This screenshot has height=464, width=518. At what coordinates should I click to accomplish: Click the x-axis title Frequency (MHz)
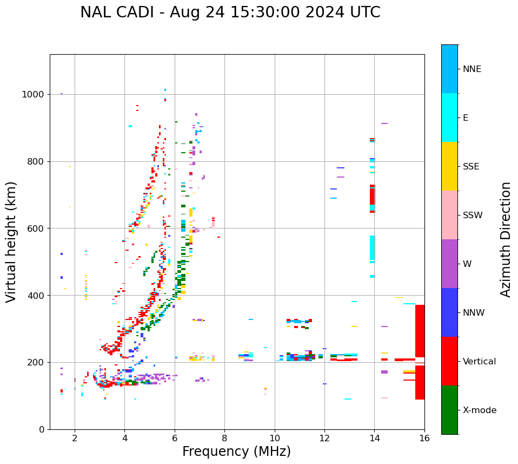pyautogui.click(x=236, y=452)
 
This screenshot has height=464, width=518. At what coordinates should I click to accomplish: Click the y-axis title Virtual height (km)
pyautogui.click(x=11, y=241)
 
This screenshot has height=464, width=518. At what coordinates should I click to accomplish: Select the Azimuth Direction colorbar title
pyautogui.click(x=506, y=239)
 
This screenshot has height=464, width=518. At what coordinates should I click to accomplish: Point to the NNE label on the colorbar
pyautogui.click(x=471, y=69)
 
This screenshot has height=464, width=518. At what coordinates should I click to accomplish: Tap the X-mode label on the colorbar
pyautogui.click(x=479, y=410)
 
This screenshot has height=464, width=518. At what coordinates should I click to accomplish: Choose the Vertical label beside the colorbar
pyautogui.click(x=479, y=362)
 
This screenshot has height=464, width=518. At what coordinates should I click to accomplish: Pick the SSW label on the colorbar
pyautogui.click(x=473, y=215)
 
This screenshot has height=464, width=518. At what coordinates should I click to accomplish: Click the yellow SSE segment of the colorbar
pyautogui.click(x=449, y=166)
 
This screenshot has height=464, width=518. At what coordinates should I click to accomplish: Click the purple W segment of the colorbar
pyautogui.click(x=449, y=264)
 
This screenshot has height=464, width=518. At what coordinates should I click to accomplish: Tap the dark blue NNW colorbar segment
pyautogui.click(x=449, y=312)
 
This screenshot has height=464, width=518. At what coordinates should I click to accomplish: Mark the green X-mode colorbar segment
pyautogui.click(x=449, y=410)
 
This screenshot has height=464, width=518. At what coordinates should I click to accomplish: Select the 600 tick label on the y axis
pyautogui.click(x=37, y=228)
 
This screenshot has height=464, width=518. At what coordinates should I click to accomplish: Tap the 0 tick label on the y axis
pyautogui.click(x=42, y=429)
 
